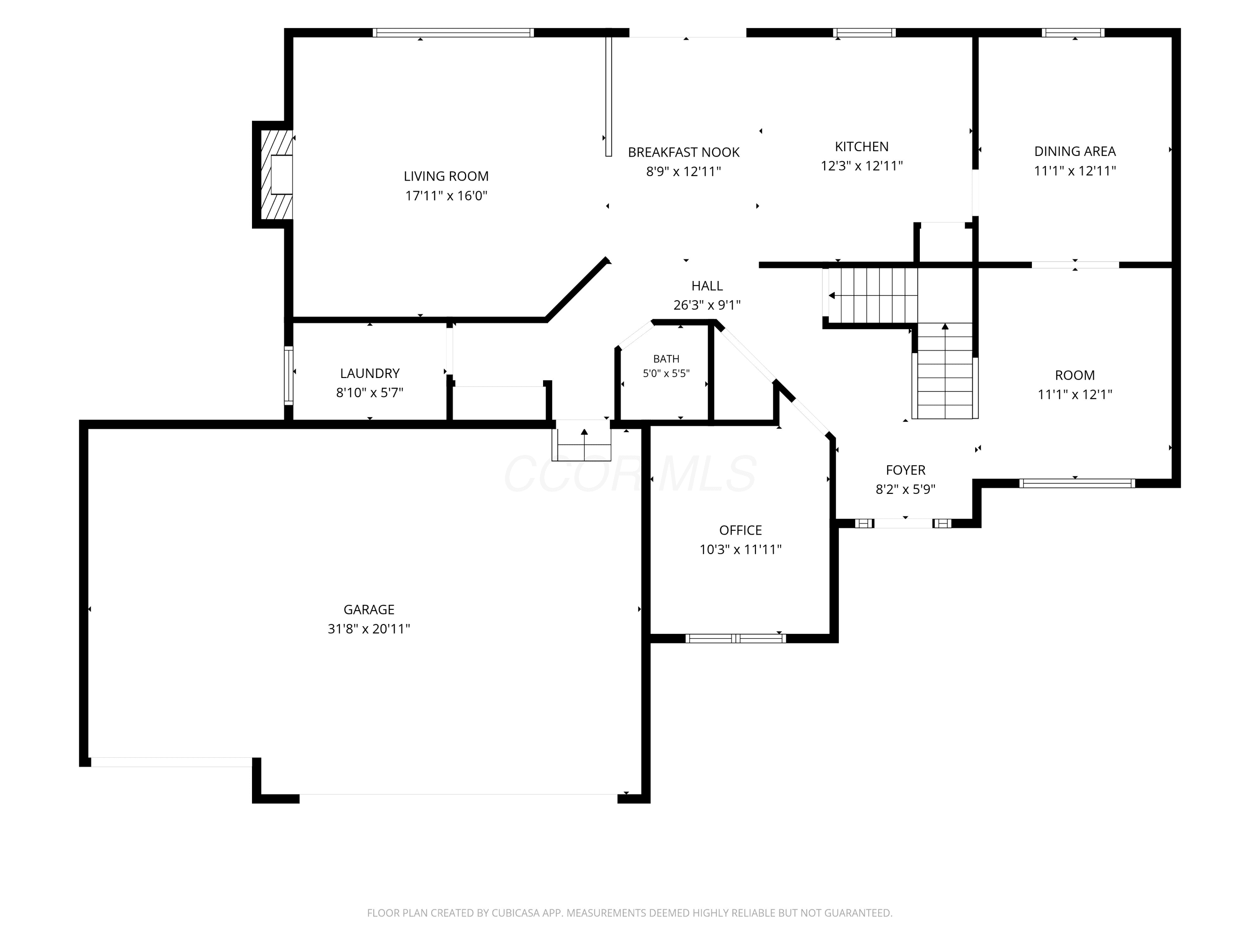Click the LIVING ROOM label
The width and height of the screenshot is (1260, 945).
tap(446, 176)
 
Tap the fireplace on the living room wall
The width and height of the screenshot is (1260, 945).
tap(273, 174)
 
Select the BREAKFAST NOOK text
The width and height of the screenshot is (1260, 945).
tap(683, 152)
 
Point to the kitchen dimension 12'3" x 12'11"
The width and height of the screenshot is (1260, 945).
tap(862, 166)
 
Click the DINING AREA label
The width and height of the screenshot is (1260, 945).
tap(1075, 152)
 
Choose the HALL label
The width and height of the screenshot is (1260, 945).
tap(707, 286)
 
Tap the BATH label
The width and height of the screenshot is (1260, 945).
tap(667, 359)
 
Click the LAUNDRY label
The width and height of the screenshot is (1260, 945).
tap(370, 374)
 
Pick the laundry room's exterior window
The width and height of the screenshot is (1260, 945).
tap(289, 375)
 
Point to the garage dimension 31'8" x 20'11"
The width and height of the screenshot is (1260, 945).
tap(368, 629)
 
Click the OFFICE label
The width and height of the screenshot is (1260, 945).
tap(740, 530)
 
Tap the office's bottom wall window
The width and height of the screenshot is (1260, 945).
tap(735, 638)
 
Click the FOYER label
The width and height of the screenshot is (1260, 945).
tap(905, 470)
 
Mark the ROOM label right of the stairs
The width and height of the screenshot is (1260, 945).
tap(1075, 375)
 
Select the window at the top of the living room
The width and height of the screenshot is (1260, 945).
tap(454, 32)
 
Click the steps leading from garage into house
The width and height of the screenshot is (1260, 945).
tap(582, 440)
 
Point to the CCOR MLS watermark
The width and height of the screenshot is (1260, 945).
tap(630, 474)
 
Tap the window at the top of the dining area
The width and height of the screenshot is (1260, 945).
tap(1073, 32)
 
